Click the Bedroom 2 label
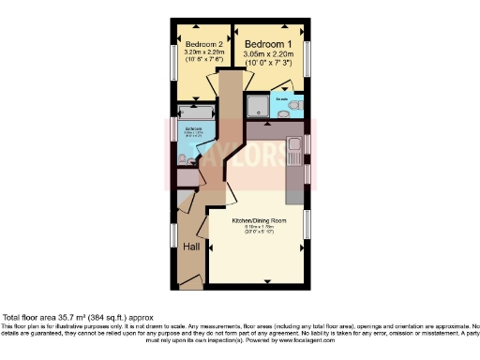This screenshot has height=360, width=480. click(x=202, y=45)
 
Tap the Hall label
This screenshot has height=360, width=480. click(x=191, y=247)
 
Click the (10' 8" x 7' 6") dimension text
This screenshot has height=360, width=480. click(x=202, y=61)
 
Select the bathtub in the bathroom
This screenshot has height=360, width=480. click(x=197, y=111)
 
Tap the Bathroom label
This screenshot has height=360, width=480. click(x=192, y=127)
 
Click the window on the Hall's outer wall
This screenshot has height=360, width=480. click(x=173, y=235)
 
